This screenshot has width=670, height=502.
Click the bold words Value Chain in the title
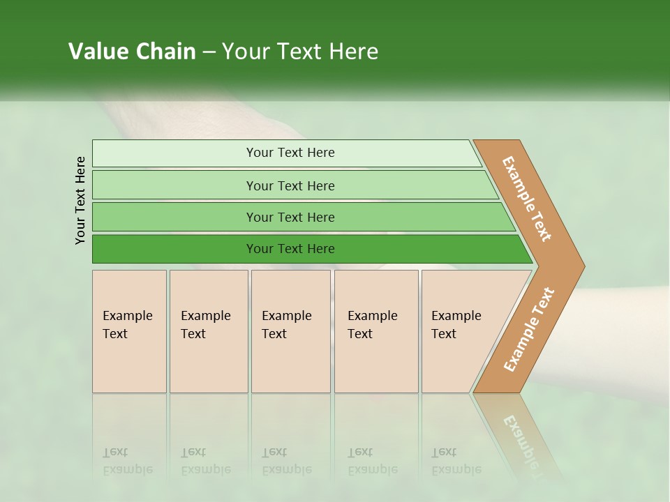(x=132, y=52)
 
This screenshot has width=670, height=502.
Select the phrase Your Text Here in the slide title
(x=300, y=52)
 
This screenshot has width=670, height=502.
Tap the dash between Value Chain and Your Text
(x=209, y=52)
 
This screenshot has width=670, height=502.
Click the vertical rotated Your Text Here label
(x=80, y=200)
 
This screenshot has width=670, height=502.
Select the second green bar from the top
(x=290, y=185)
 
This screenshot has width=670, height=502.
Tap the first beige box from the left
(x=129, y=330)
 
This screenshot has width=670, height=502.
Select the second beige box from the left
(x=208, y=330)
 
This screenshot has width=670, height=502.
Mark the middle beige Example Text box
(x=290, y=330)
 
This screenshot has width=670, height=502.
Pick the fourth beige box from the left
(x=376, y=330)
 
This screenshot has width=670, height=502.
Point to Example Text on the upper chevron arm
(x=527, y=199)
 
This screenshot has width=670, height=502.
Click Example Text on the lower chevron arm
(x=529, y=329)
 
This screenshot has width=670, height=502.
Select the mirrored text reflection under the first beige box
(x=127, y=461)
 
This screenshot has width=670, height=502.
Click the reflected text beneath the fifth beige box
(x=456, y=461)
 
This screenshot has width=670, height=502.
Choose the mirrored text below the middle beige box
(x=286, y=461)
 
